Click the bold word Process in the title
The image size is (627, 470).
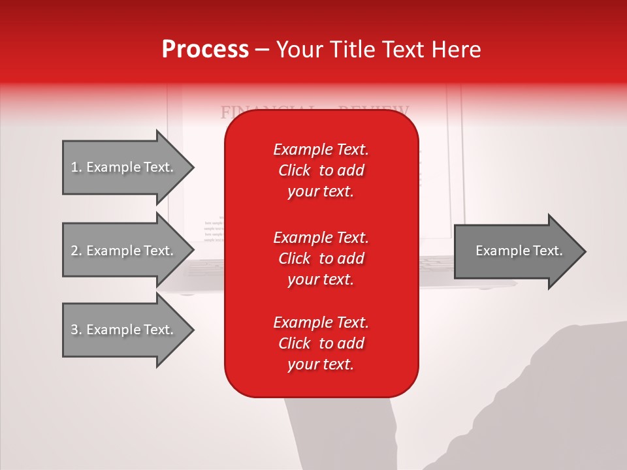coord(205,50)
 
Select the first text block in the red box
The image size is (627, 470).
coord(321,170)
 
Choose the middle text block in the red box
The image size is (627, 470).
coord(321,258)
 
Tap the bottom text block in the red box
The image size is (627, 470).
coord(321,343)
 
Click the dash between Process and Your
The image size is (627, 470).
coord(262,50)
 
